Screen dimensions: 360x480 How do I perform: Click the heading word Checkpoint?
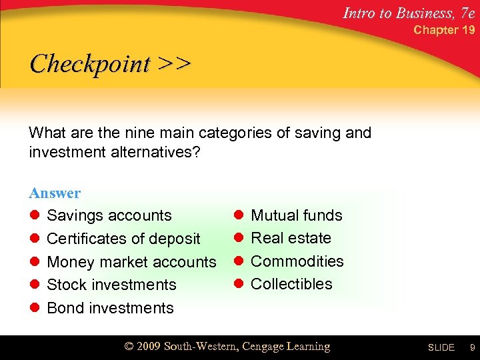[x=90, y=64]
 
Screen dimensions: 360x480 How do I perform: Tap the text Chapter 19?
[x=445, y=30]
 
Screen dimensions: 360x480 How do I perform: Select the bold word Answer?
[x=55, y=193]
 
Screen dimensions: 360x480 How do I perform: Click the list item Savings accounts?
[x=109, y=215]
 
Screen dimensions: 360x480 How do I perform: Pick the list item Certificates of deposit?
[x=123, y=239]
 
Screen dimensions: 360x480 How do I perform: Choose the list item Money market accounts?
[x=131, y=262]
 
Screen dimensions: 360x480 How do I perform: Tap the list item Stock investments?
[x=111, y=285]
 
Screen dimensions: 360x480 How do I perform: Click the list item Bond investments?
[x=110, y=308]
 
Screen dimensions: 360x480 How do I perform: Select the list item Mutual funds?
[x=296, y=215]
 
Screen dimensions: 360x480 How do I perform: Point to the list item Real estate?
[x=291, y=238]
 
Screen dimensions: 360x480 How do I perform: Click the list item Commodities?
[x=297, y=261]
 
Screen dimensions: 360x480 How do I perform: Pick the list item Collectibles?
[x=291, y=284]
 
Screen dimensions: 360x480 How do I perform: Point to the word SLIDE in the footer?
[x=441, y=348]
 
